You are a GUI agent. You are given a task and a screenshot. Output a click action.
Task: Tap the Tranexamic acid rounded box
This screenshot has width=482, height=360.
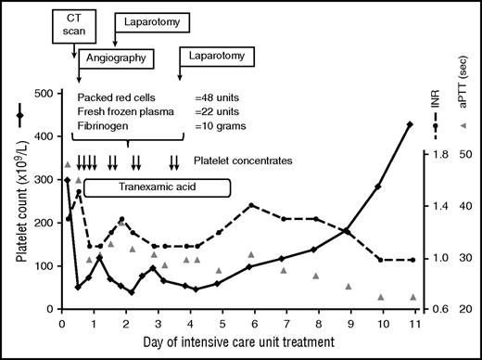157,187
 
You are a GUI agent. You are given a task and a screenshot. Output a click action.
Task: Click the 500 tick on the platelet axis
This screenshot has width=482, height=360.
44,94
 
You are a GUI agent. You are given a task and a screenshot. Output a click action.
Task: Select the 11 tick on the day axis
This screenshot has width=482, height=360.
412,324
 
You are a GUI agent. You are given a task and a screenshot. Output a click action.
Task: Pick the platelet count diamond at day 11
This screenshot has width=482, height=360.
412,123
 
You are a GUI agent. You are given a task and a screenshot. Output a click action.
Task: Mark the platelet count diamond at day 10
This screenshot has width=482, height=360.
379,186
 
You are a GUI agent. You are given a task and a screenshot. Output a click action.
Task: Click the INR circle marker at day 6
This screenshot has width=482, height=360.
251,205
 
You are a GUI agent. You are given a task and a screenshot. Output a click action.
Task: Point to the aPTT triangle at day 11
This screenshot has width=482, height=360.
412,297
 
